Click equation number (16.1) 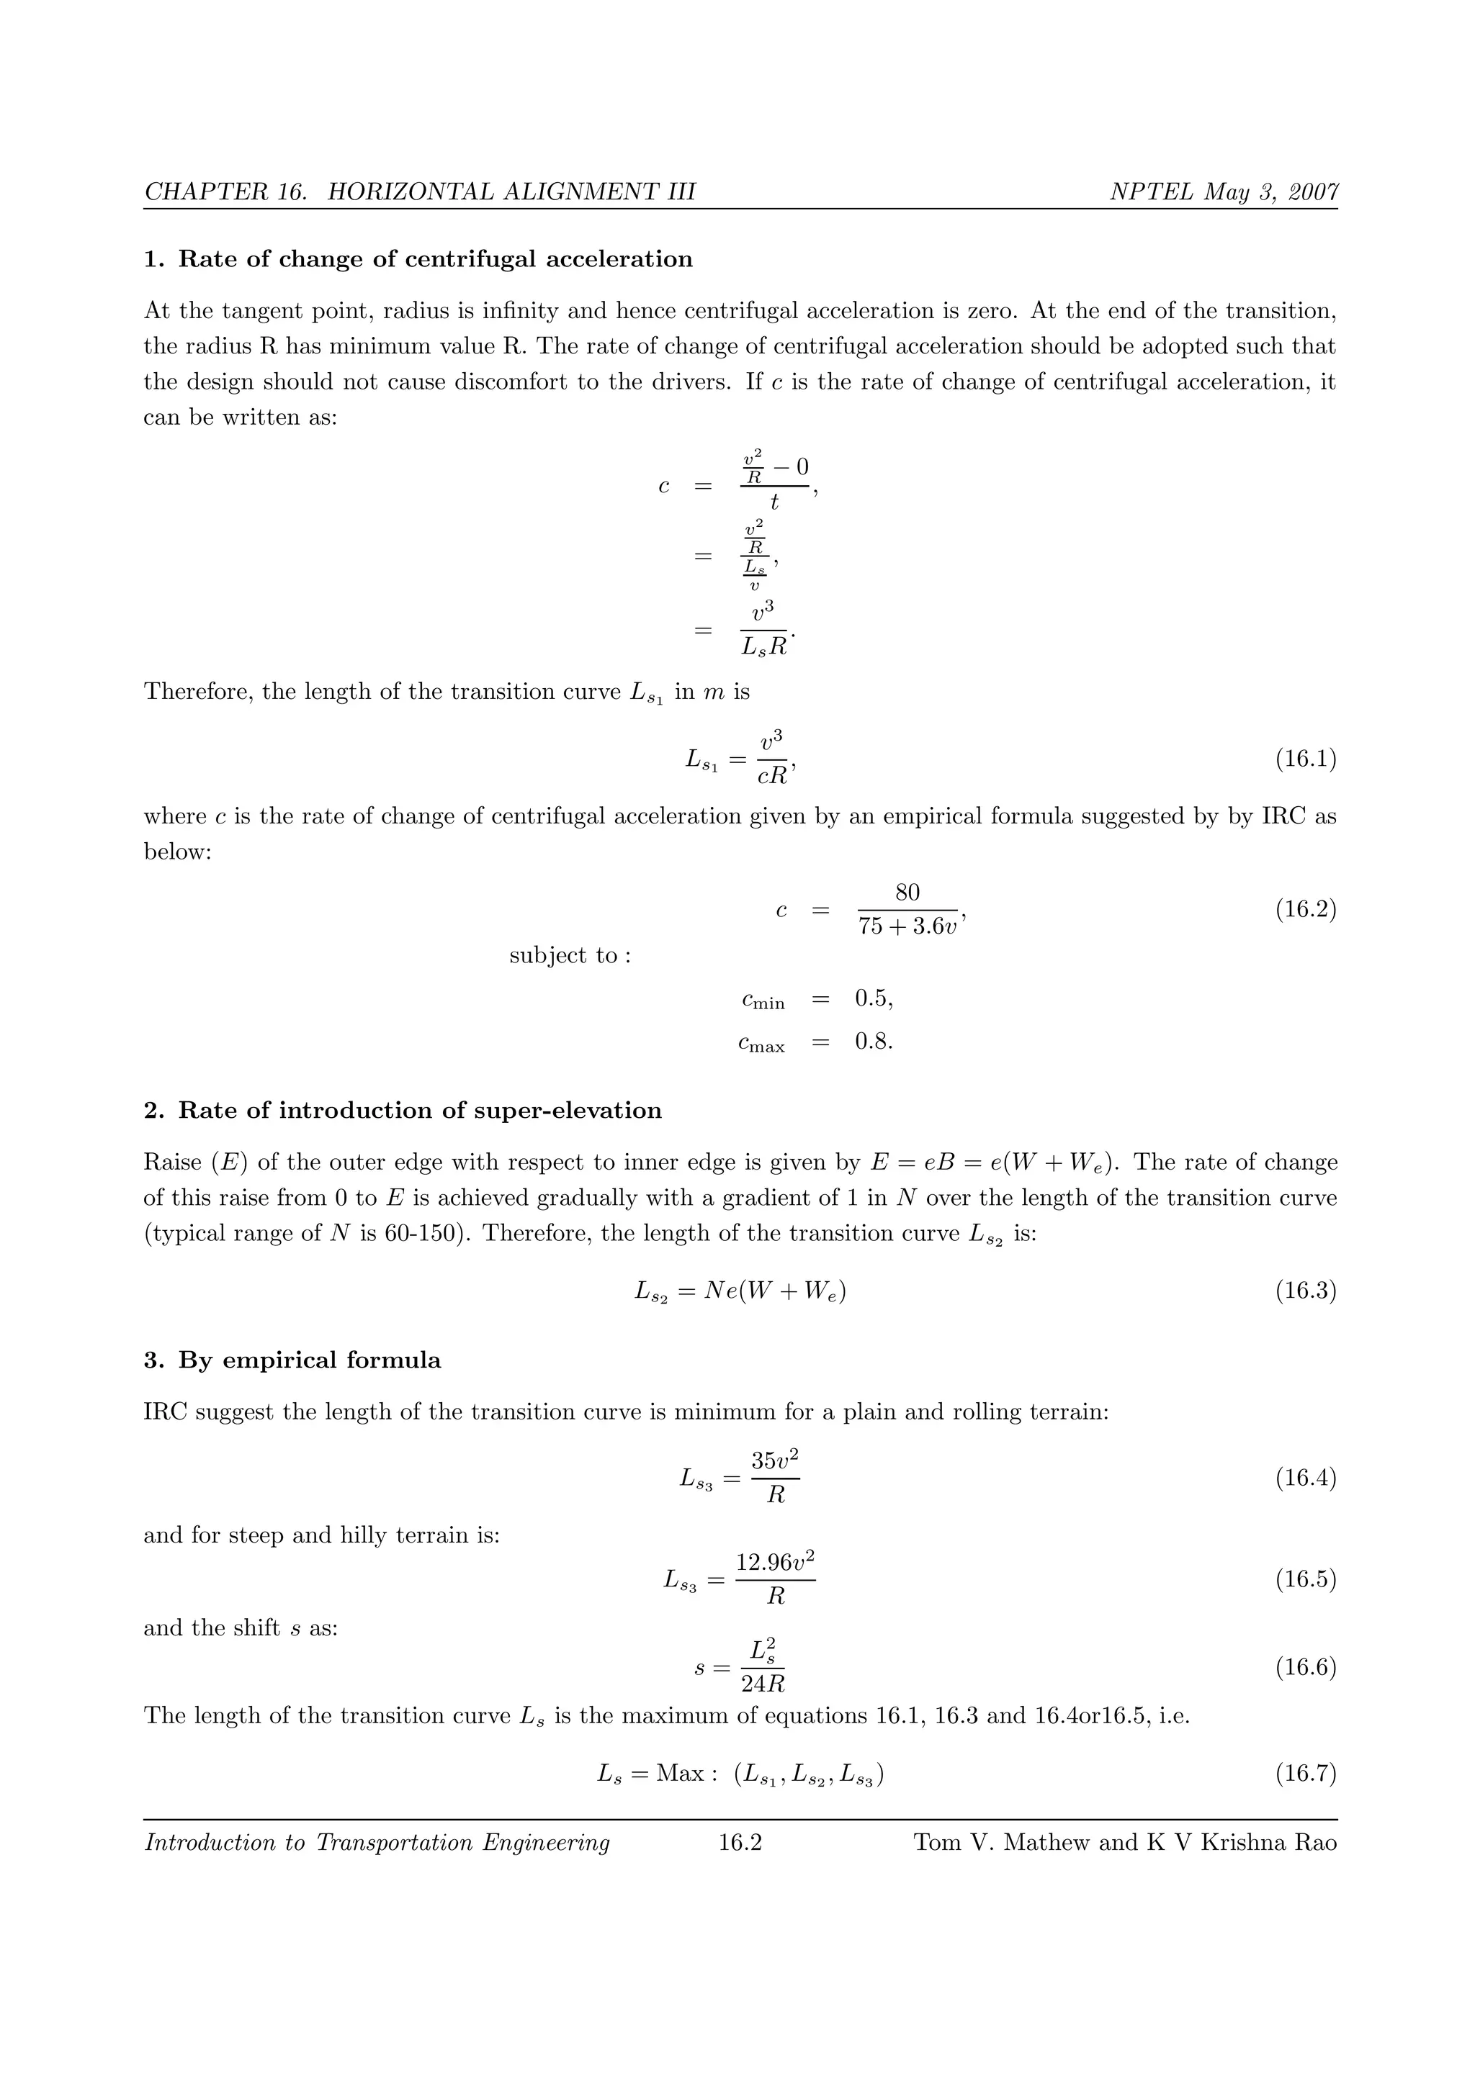click(x=1305, y=759)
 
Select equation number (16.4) click(x=1305, y=1478)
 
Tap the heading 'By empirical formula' click(x=309, y=1360)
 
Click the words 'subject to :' click(x=570, y=956)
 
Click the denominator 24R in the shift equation click(x=763, y=1684)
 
